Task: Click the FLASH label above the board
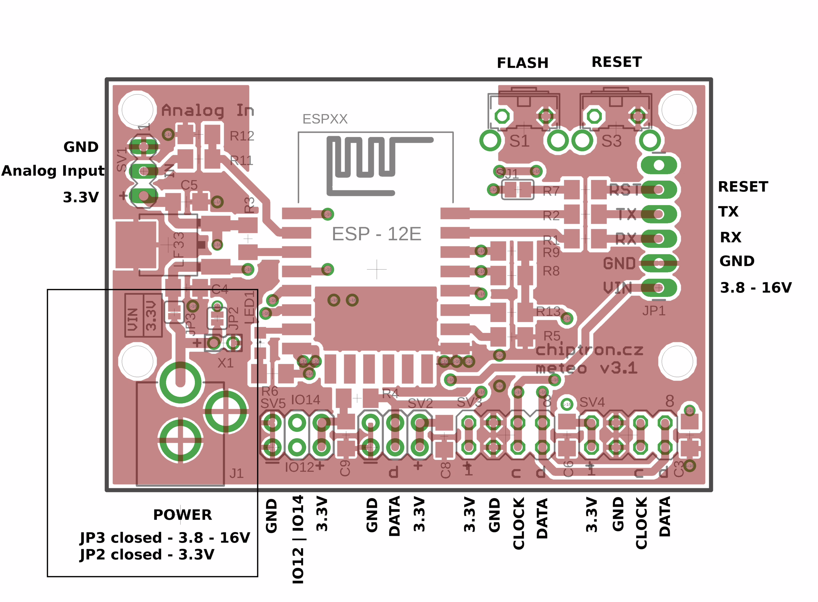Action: tap(522, 63)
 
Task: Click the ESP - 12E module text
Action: tap(376, 234)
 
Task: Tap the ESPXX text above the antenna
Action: tap(325, 119)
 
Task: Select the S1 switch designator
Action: tap(519, 141)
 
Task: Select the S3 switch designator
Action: tap(611, 141)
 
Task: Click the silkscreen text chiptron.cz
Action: tap(589, 350)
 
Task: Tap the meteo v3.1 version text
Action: tap(587, 368)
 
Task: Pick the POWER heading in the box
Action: tap(182, 515)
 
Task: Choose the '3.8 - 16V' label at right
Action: tap(756, 288)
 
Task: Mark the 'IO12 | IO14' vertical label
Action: tap(298, 539)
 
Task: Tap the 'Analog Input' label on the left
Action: tap(53, 171)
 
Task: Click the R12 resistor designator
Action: tap(242, 136)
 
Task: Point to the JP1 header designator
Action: tap(654, 311)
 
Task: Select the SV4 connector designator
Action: tap(592, 402)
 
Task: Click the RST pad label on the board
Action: tap(624, 190)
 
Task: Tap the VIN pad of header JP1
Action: tap(659, 288)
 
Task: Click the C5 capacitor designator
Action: tap(189, 185)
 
